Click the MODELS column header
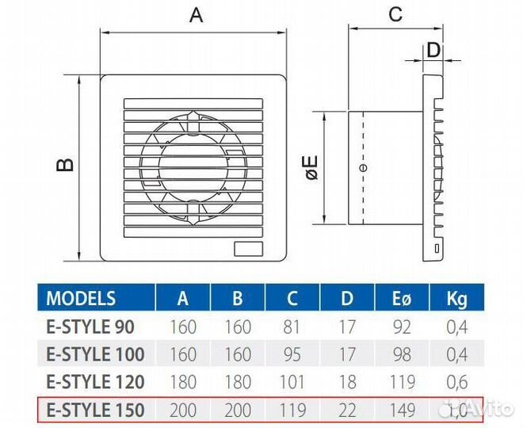pos(81,299)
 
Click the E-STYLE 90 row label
pos(92,327)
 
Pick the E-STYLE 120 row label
pos(96,381)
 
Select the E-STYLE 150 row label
pos(96,409)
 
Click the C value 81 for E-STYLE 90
pos(292,327)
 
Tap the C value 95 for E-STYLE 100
pos(292,354)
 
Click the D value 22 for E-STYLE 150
pos(346,409)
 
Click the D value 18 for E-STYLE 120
pos(346,381)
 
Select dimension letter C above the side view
pos(395,13)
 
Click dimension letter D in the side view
pos(433,49)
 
